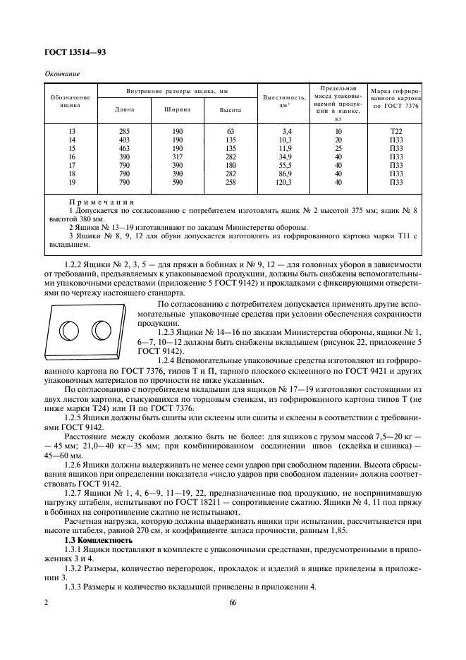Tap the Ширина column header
pyautogui.click(x=176, y=110)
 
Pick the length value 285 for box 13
pyautogui.click(x=124, y=131)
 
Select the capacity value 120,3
pyautogui.click(x=286, y=182)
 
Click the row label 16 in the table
pyautogui.click(x=71, y=157)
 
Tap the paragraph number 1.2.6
pyautogui.click(x=75, y=467)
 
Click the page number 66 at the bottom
pyautogui.click(x=233, y=602)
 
